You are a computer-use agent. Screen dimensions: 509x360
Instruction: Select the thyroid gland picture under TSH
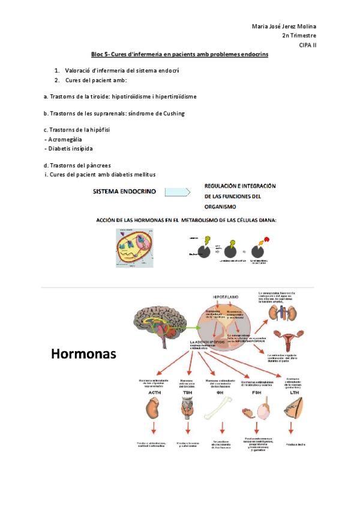click(187, 411)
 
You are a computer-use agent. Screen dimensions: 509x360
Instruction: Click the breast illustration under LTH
click(292, 411)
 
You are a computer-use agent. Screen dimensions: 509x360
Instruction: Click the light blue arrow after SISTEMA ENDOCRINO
click(177, 193)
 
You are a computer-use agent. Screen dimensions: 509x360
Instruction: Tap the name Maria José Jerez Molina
click(284, 26)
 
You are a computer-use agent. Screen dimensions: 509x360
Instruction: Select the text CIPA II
click(308, 45)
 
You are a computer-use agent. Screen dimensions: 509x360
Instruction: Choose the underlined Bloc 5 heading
click(179, 55)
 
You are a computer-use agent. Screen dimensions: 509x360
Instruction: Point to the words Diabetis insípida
click(68, 148)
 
